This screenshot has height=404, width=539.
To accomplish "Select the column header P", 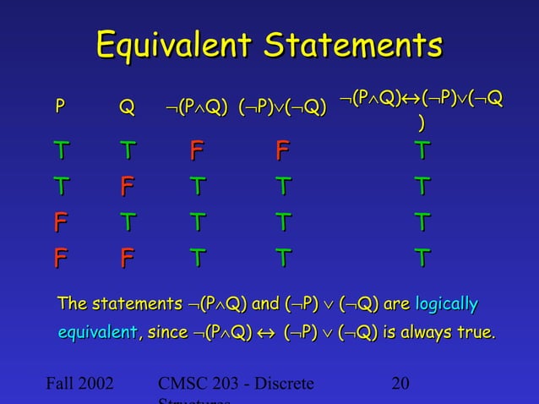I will (59, 107).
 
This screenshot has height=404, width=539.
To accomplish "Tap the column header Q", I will (126, 108).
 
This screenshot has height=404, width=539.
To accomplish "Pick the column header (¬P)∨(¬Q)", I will (282, 108).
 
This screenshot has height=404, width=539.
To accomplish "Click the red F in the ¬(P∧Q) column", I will (196, 152).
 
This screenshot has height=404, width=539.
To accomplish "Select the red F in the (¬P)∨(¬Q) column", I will (282, 152).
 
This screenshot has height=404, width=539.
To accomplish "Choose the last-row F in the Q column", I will (127, 256).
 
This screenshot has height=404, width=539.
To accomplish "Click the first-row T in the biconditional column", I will (421, 152).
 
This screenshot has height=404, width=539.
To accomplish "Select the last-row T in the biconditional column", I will (421, 256).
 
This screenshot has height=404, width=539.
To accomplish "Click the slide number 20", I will (401, 385).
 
